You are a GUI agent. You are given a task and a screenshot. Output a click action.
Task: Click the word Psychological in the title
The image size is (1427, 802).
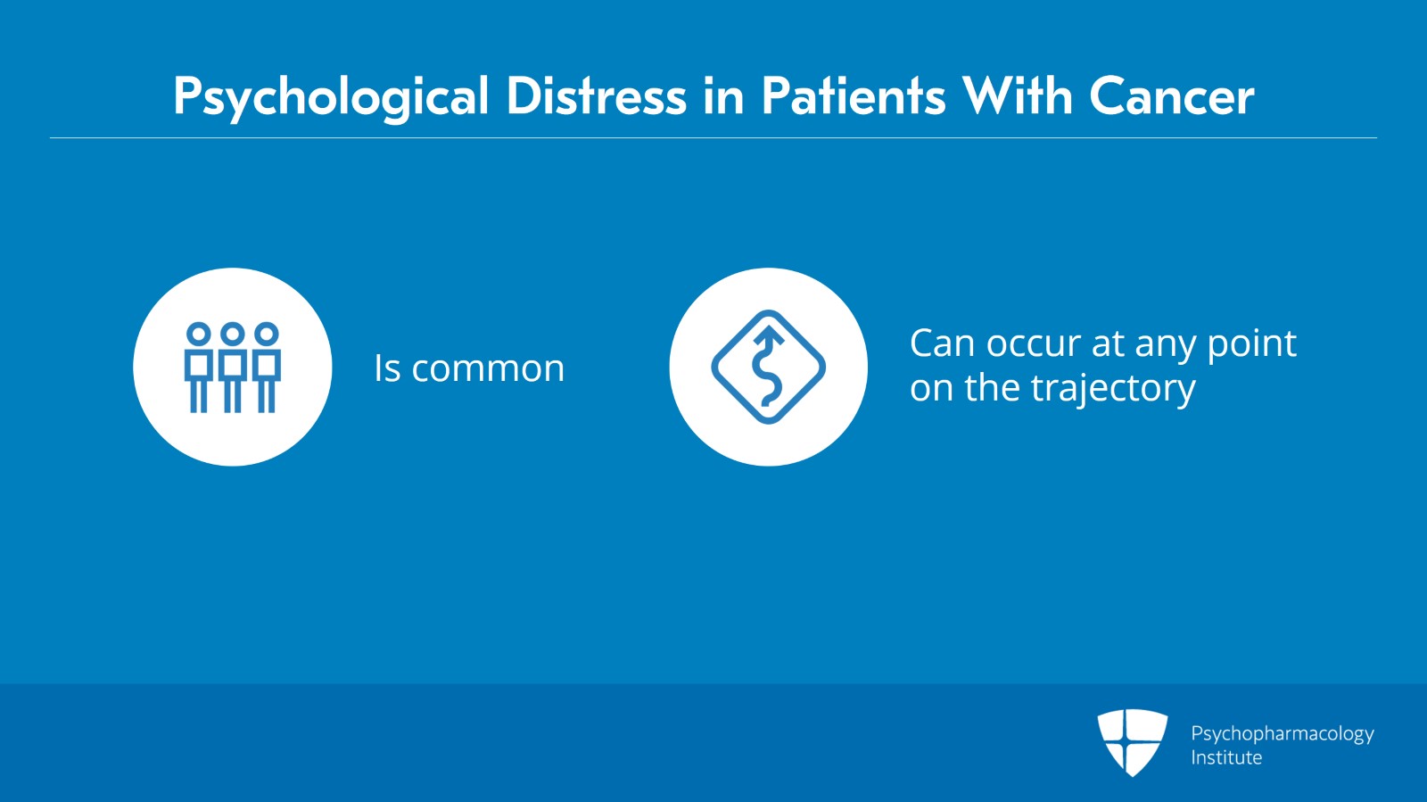point(331,96)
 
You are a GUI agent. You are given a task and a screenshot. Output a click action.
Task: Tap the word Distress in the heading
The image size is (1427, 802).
point(596,95)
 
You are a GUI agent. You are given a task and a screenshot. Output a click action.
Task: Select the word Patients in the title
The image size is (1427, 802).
point(853,95)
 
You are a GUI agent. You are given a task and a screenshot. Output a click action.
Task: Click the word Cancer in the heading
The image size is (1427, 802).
point(1171,95)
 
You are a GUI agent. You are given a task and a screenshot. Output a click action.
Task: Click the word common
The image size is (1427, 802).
point(488,368)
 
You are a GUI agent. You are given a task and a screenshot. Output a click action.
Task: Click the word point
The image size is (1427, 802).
point(1251,344)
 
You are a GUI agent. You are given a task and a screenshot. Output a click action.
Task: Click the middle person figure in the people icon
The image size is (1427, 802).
point(232,367)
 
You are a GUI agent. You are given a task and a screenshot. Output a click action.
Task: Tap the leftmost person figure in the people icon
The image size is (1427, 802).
point(198,367)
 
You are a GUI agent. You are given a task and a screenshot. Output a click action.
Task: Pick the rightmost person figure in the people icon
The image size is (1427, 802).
point(267,367)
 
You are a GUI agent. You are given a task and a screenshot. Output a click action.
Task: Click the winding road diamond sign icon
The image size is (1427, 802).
point(768,367)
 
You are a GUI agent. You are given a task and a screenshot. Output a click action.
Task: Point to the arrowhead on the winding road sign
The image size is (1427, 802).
point(768,335)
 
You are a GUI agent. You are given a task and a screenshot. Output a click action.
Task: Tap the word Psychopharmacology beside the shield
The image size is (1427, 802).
point(1282,733)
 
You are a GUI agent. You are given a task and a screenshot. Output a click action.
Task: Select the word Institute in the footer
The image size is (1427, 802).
point(1226,757)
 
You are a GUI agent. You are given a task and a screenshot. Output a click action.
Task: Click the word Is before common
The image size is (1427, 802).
point(386,368)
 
